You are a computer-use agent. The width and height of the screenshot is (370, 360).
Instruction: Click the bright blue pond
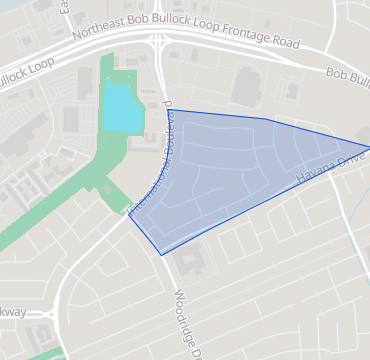[x=117, y=108]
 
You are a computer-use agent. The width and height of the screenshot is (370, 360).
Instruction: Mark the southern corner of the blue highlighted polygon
[x=162, y=255]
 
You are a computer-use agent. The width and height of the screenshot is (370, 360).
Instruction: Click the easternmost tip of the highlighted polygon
[x=369, y=148]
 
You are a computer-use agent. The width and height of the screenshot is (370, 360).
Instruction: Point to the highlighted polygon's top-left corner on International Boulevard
[x=167, y=110]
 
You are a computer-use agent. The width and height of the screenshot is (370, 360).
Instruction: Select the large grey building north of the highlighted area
[x=246, y=87]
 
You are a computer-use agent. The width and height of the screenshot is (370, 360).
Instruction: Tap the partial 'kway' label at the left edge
[x=13, y=312]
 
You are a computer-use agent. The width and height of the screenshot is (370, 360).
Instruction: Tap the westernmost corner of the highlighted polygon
[x=129, y=214]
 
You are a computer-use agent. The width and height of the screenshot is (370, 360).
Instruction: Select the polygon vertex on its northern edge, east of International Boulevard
[x=265, y=119]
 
